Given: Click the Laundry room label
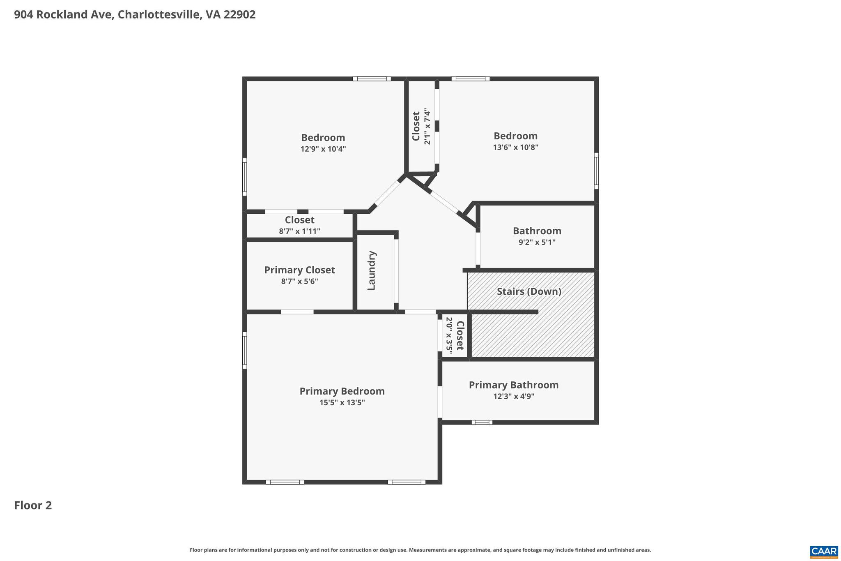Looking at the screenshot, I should coord(372,270).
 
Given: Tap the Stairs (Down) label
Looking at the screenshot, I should coord(529,291).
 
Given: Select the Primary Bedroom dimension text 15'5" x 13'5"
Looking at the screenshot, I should coord(342,403).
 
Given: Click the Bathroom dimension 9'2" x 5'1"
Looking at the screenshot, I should coord(537,242).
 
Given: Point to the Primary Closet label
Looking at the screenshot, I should coord(299,270).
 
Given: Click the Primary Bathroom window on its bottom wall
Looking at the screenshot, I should coord(482,422).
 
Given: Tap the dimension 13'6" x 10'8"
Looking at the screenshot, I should coord(515,147).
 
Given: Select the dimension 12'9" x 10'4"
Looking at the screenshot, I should coord(323,149).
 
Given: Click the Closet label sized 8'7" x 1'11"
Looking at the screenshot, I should coord(299,220).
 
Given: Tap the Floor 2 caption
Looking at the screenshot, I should coord(33,505).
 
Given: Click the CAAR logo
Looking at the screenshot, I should coord(824,551).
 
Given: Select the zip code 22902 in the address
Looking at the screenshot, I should coord(240,15).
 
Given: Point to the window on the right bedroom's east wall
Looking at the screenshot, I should coord(596,171).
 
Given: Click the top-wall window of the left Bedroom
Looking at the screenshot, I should coord(372,78).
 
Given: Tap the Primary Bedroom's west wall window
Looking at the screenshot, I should coord(245,350).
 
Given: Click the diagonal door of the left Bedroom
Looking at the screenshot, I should coord(387,194).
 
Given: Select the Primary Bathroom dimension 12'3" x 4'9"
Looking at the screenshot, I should coord(514,397).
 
